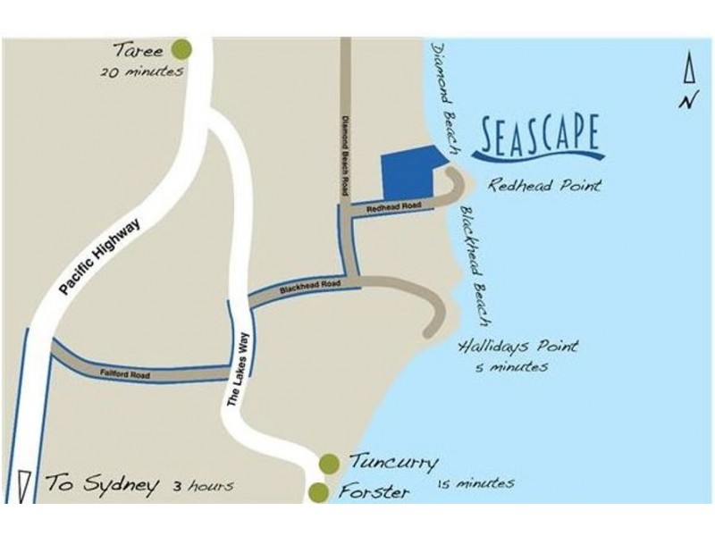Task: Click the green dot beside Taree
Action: click(183, 48)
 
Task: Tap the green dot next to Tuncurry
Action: click(329, 463)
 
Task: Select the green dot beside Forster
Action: click(317, 491)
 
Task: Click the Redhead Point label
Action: click(544, 186)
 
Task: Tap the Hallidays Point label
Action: click(518, 346)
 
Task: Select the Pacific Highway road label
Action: click(101, 259)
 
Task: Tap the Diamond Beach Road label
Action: click(346, 154)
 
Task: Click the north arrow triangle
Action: click(688, 70)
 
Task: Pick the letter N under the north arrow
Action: click(686, 101)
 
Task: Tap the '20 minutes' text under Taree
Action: click(142, 72)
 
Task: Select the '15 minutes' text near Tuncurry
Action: click(475, 483)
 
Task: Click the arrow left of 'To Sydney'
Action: click(24, 485)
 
